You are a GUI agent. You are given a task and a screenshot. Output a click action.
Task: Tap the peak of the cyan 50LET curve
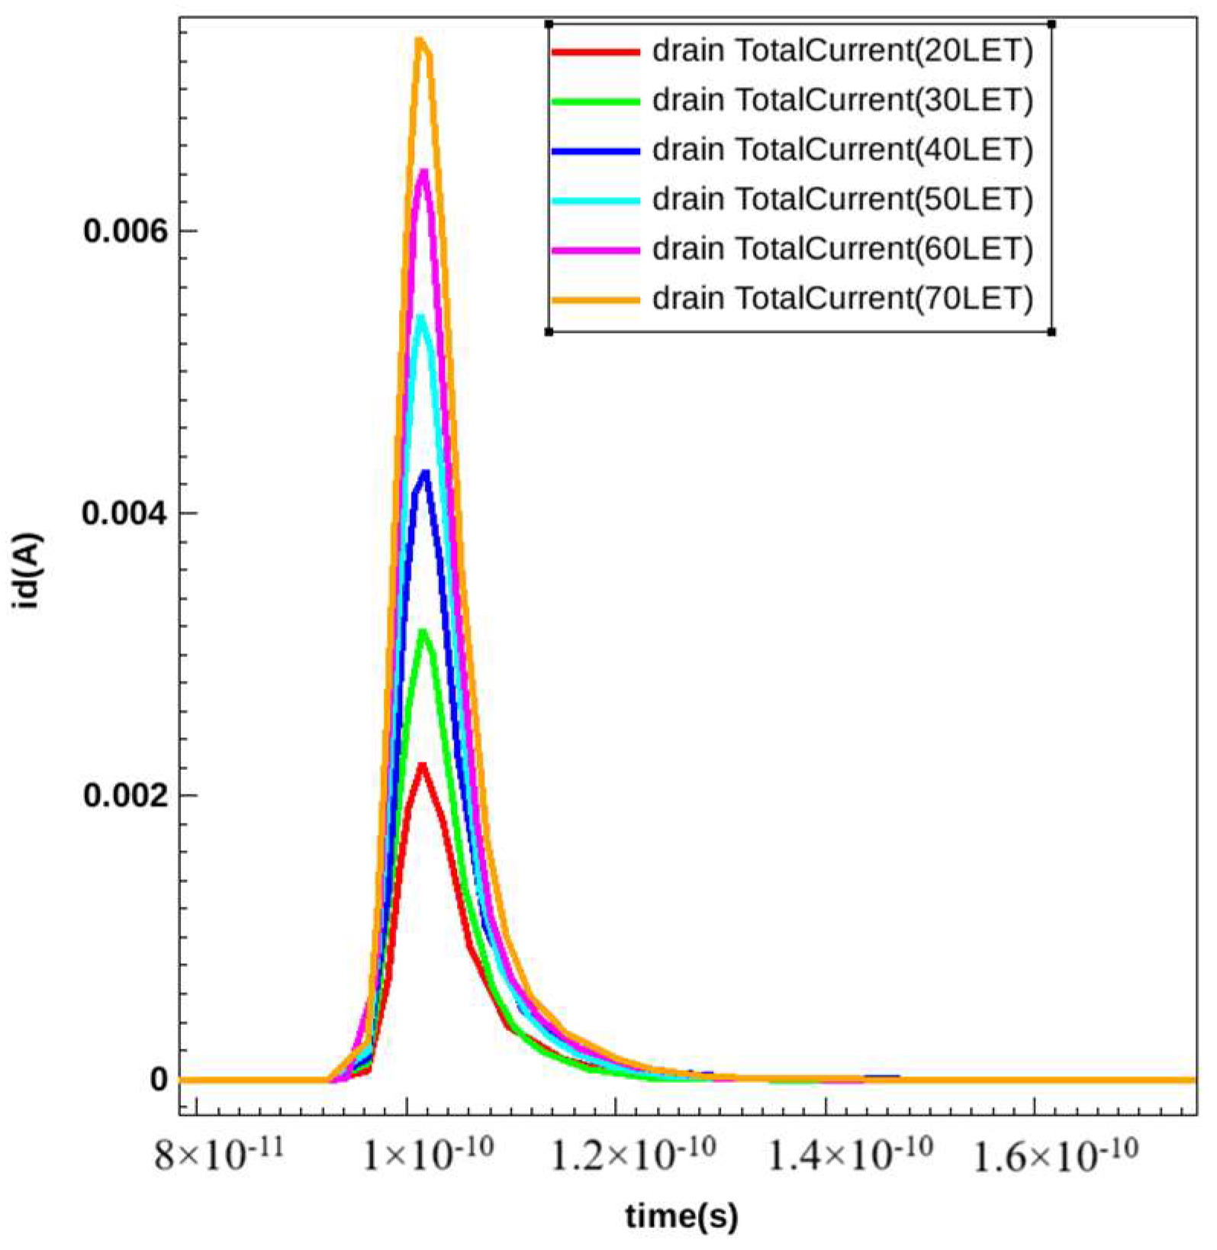click(x=421, y=317)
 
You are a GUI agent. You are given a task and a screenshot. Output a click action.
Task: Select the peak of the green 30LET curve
click(x=423, y=632)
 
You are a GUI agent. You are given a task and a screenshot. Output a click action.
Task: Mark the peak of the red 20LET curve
click(x=421, y=765)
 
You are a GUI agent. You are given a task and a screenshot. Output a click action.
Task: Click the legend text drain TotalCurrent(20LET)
click(x=842, y=51)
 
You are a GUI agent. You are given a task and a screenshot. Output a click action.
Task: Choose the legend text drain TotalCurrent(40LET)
click(x=842, y=150)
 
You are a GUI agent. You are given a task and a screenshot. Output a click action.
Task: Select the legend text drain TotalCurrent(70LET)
click(x=842, y=298)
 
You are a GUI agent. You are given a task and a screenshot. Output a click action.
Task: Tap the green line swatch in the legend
click(x=594, y=101)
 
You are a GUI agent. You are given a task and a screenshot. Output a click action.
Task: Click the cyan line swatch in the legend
click(x=594, y=200)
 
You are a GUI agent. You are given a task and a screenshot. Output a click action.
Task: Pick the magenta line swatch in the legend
click(x=594, y=250)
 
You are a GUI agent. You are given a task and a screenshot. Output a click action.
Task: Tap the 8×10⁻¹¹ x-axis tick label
click(x=219, y=1155)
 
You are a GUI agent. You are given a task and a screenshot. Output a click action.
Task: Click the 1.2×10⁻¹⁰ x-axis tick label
click(x=633, y=1155)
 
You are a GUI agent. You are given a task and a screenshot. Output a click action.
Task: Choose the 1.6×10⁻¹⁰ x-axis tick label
click(x=1055, y=1155)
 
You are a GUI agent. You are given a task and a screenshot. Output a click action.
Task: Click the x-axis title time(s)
click(x=681, y=1216)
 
